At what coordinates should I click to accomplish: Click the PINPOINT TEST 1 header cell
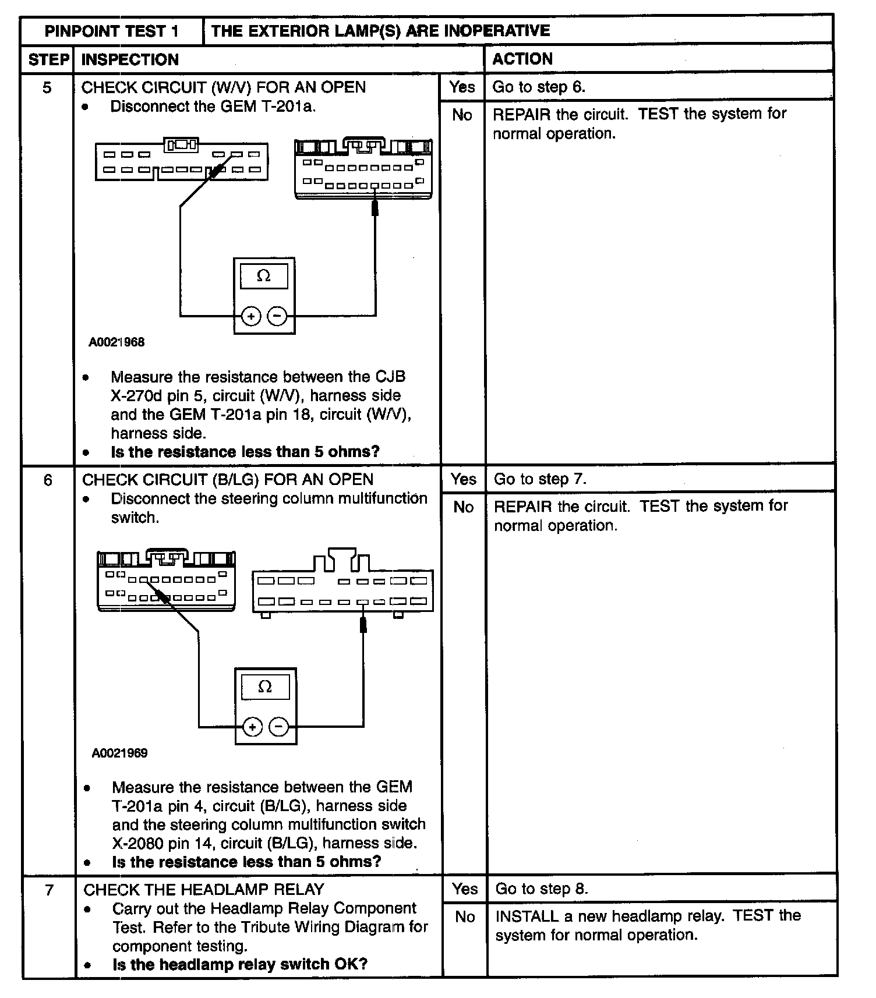112,31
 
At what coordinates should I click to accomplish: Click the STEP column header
48,59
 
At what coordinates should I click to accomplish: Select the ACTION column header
522,59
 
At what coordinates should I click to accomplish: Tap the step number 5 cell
47,88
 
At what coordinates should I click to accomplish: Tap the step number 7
50,890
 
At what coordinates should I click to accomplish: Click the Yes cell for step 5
462,87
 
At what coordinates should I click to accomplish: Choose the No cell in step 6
464,507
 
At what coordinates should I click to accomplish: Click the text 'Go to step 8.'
542,889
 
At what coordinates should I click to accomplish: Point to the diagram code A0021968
116,342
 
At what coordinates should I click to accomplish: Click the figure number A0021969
119,753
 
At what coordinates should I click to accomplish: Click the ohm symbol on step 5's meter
264,276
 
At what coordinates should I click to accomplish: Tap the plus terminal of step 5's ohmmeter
251,317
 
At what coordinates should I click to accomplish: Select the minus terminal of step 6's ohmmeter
278,727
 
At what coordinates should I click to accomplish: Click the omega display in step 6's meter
265,687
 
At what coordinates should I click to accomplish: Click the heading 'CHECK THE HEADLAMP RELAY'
204,890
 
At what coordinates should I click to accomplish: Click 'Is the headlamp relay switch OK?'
240,964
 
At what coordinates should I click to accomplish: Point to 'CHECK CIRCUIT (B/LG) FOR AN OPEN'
228,480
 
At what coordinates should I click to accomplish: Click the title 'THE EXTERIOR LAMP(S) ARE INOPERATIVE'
380,31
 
